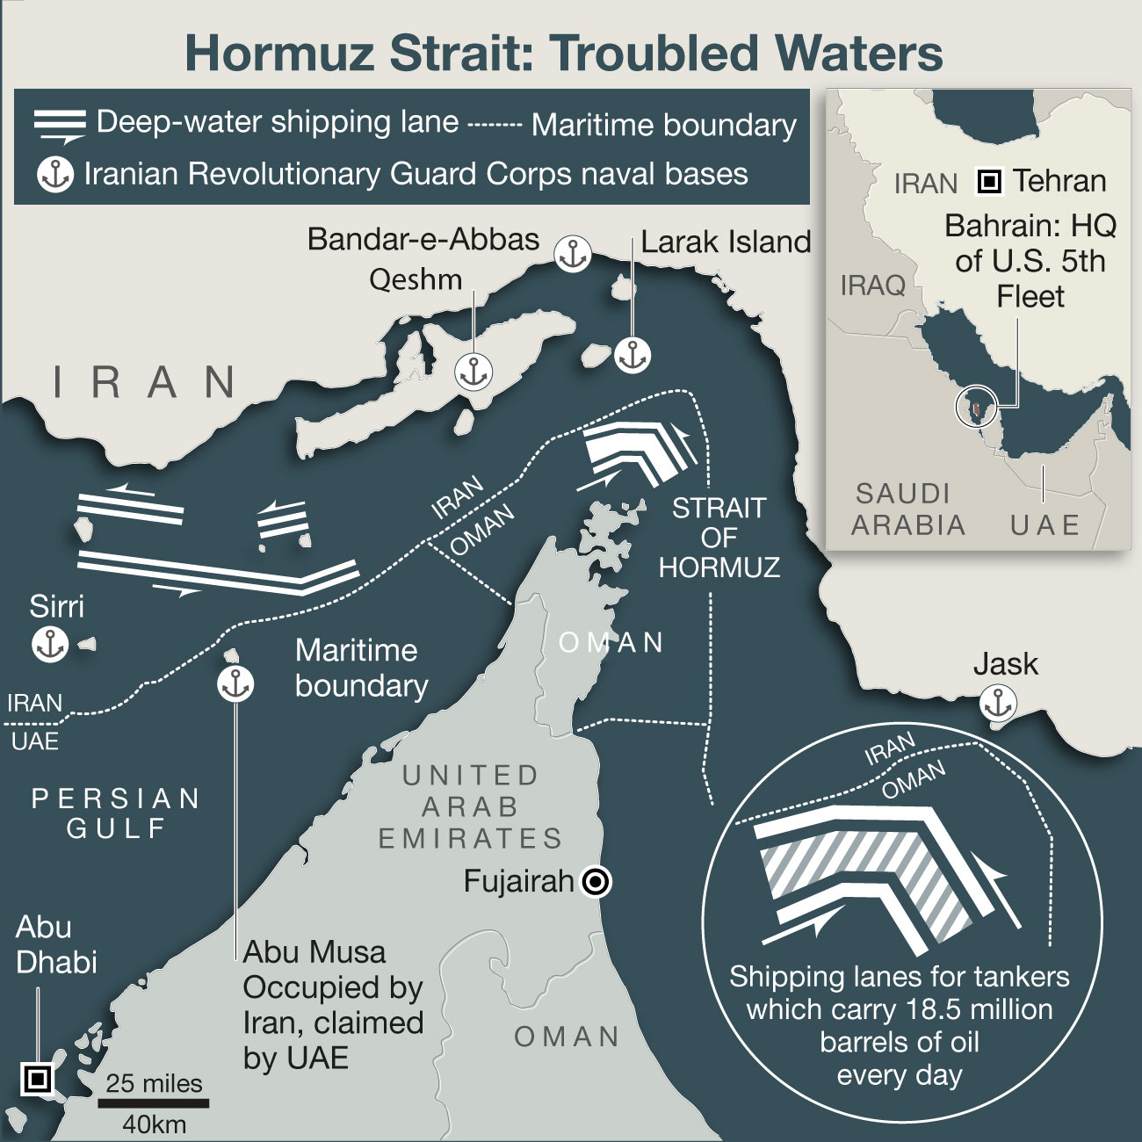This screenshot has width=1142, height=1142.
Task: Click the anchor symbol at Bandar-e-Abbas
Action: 573,254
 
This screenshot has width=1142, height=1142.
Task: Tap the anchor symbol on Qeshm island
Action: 473,372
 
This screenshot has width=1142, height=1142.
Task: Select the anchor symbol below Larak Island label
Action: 632,355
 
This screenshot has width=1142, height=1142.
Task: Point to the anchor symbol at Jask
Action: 998,704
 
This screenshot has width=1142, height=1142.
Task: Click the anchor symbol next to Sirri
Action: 50,645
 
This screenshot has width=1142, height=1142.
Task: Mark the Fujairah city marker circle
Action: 596,881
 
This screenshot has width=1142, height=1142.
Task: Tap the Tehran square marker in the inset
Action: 989,182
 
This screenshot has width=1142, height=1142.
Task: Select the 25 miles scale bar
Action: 154,1102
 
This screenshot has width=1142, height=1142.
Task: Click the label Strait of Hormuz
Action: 719,538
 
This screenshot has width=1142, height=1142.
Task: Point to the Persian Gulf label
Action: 116,813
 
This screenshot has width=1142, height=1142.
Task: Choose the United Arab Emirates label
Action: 470,806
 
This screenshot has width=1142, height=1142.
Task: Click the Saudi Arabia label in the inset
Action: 907,509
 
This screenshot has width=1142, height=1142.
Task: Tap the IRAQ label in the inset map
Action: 872,285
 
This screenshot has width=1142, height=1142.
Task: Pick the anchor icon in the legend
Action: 55,175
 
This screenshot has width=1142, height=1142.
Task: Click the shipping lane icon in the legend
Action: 60,125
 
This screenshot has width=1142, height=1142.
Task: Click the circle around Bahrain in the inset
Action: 977,407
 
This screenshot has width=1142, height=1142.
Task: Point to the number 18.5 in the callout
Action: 937,1009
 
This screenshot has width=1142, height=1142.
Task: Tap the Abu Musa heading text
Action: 314,952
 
